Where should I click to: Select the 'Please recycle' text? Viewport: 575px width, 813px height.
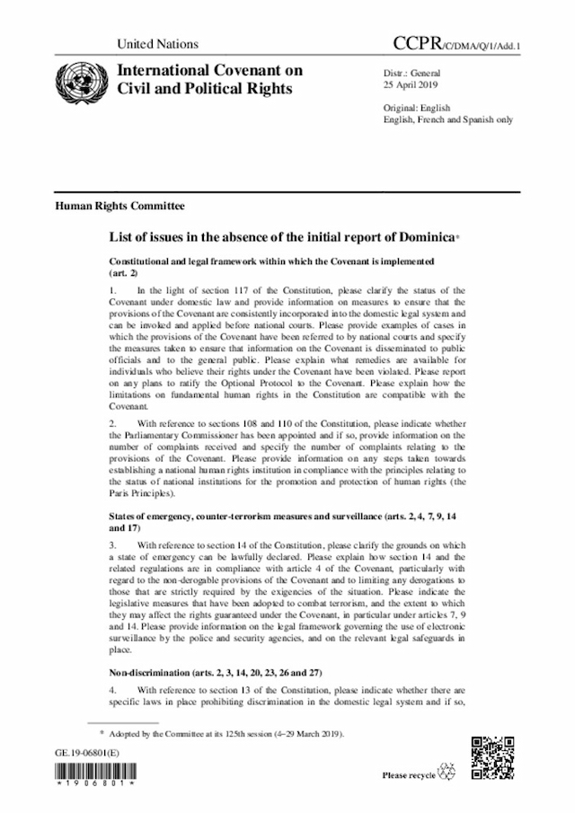(x=409, y=774)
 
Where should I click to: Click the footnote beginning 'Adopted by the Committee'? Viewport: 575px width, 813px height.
(x=224, y=734)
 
